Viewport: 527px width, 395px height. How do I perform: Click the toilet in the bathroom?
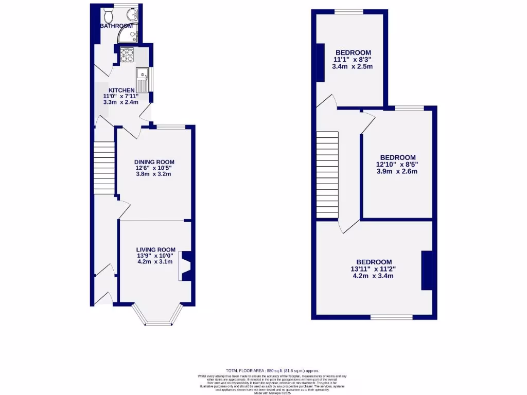point(108,12)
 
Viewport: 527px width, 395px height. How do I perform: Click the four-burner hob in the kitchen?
point(127,55)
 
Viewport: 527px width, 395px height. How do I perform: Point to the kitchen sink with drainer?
point(142,80)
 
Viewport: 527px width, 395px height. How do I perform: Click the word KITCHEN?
point(121,91)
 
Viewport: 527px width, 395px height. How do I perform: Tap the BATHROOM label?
point(116,26)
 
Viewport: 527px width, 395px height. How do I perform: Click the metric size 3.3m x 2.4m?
point(121,102)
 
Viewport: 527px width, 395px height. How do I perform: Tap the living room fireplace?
point(186,265)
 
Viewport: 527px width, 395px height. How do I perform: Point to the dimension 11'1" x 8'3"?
point(353,60)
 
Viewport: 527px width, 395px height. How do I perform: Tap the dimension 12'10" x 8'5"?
point(397,165)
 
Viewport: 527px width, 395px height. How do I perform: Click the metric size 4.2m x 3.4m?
point(373,276)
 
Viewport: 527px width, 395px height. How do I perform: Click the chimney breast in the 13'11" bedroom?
point(427,271)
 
